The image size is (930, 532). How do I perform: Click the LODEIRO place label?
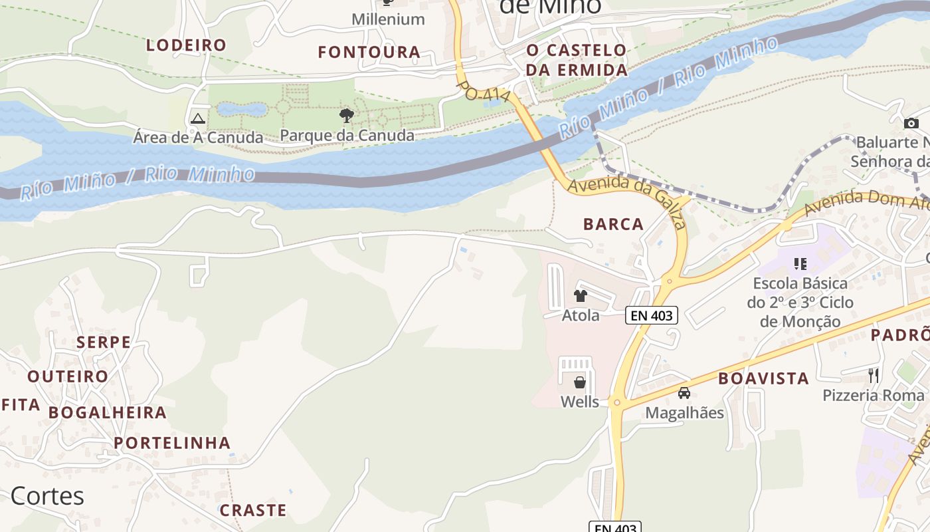[x=186, y=45]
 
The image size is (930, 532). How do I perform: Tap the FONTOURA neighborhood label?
[x=369, y=52]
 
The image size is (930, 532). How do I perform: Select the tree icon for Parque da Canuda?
[x=346, y=116]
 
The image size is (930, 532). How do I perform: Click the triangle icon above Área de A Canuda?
[x=197, y=119]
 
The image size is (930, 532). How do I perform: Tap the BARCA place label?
[x=613, y=224]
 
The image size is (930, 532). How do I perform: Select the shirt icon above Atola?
[x=581, y=296]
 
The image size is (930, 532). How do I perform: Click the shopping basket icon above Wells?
[x=580, y=382]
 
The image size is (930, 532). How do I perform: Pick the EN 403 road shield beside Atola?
[x=652, y=315]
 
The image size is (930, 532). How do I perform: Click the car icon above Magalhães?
[x=684, y=393]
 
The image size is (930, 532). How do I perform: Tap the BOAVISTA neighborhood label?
[x=763, y=378]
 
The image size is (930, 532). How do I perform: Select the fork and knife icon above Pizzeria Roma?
[x=874, y=376]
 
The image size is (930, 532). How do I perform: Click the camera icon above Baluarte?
[x=911, y=123]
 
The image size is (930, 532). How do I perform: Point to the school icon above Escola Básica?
[x=800, y=264]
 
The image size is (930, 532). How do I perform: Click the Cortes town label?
[x=47, y=496]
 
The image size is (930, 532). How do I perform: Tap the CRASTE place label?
[x=253, y=510]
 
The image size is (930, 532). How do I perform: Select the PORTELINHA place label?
[x=172, y=443]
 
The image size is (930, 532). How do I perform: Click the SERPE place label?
[x=104, y=342]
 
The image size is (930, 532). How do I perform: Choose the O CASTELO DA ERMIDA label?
[x=577, y=60]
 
